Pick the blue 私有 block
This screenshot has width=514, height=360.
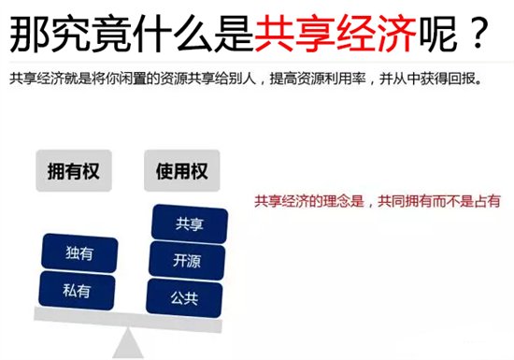click(79, 290)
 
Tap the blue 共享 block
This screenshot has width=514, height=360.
click(189, 223)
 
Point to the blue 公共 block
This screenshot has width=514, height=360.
click(184, 298)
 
